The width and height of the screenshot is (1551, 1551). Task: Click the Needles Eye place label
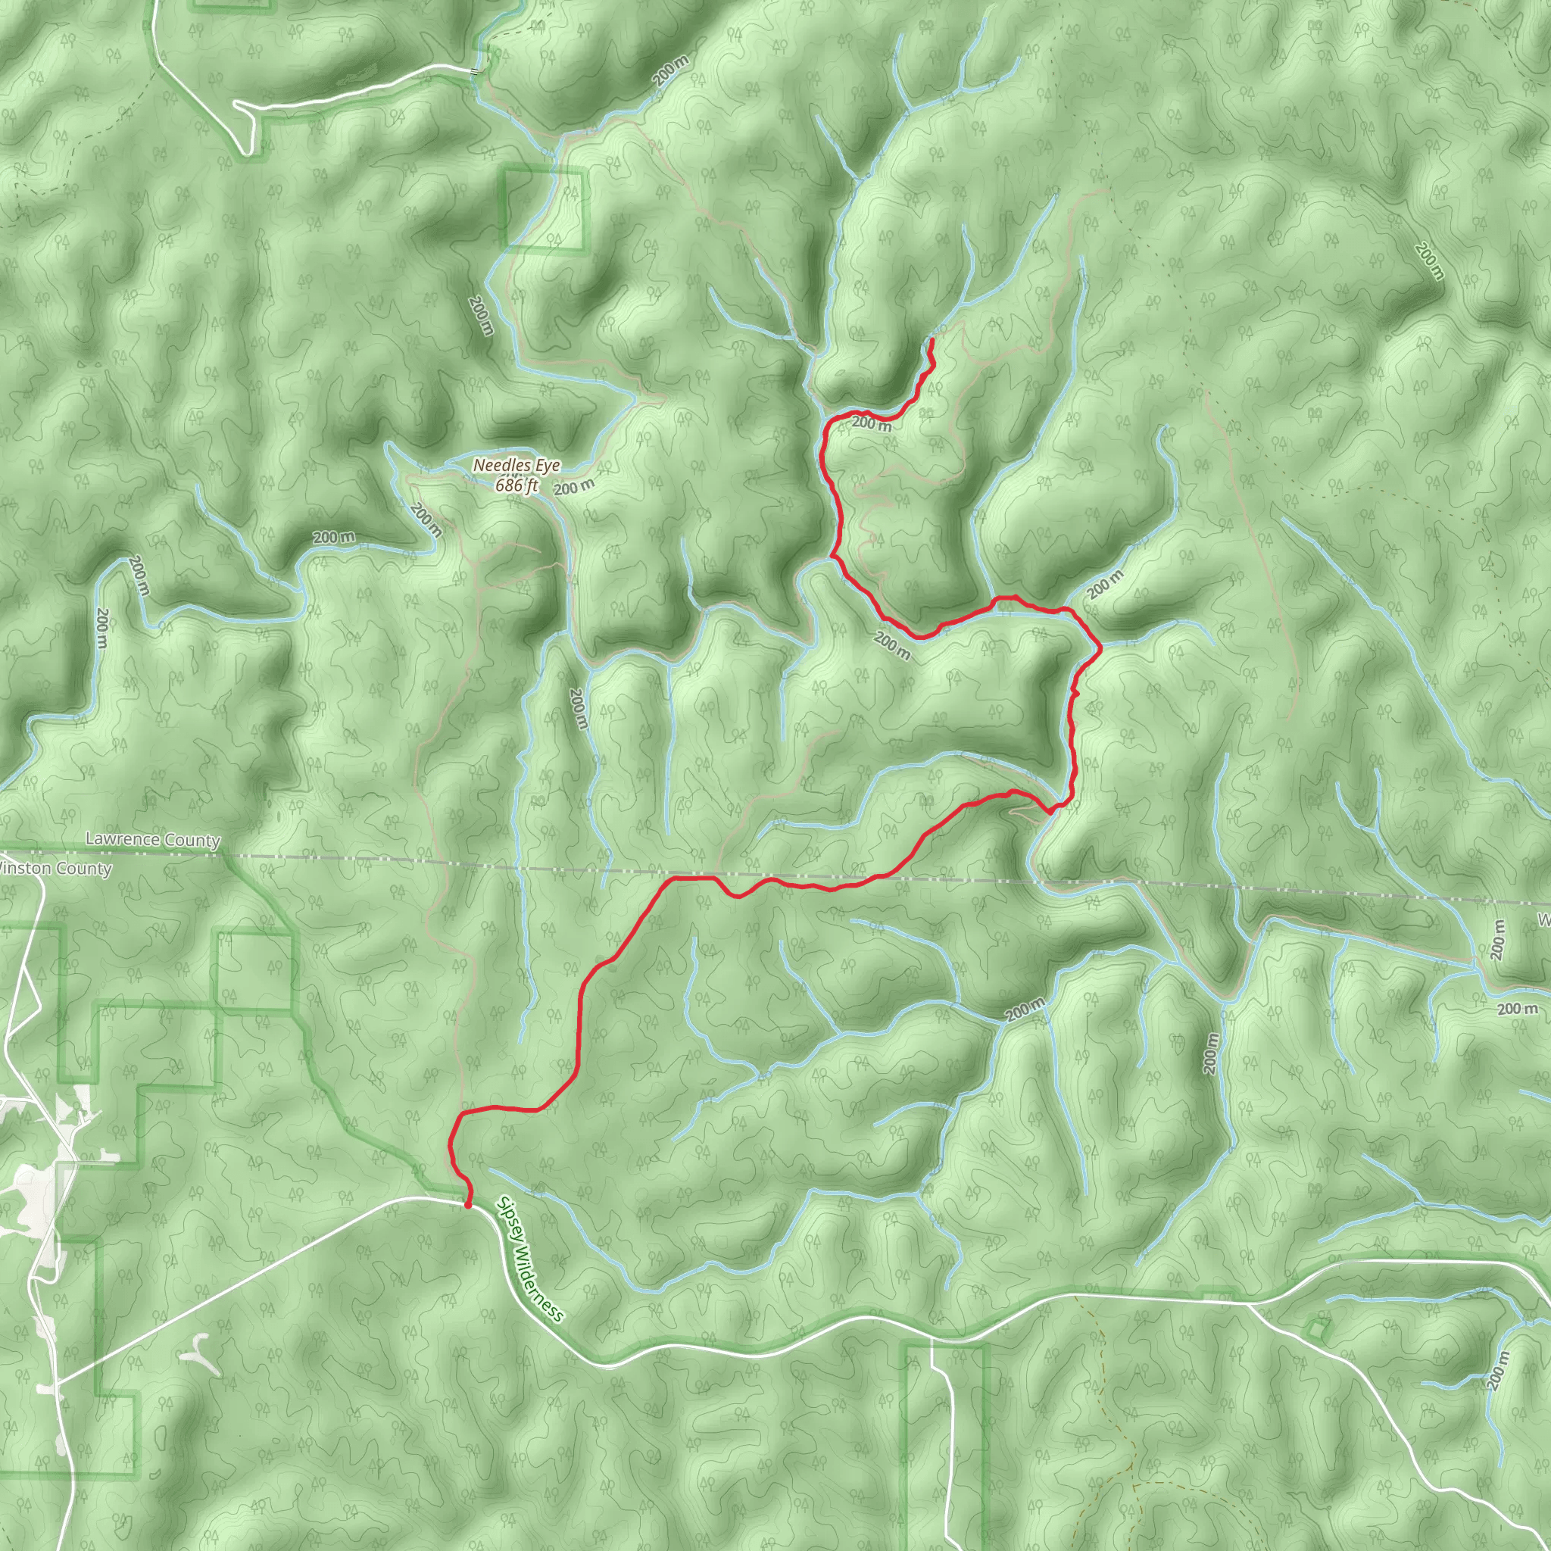point(516,465)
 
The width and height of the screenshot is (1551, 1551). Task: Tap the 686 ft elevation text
point(516,485)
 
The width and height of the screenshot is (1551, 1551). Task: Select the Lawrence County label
point(152,840)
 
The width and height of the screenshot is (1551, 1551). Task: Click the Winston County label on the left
point(55,868)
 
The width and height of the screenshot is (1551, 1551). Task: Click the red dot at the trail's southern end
point(468,1204)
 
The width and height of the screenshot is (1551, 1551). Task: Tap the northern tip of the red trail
point(931,342)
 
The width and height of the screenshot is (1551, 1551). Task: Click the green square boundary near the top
point(545,211)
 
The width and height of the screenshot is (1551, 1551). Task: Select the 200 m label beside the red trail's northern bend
point(871,423)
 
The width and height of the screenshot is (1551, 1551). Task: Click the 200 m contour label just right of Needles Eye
point(574,486)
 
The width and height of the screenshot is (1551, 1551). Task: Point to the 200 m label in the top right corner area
point(1430,261)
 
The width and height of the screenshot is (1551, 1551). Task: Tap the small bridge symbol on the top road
point(476,71)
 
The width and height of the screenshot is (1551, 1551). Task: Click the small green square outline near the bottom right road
point(1315,1328)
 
